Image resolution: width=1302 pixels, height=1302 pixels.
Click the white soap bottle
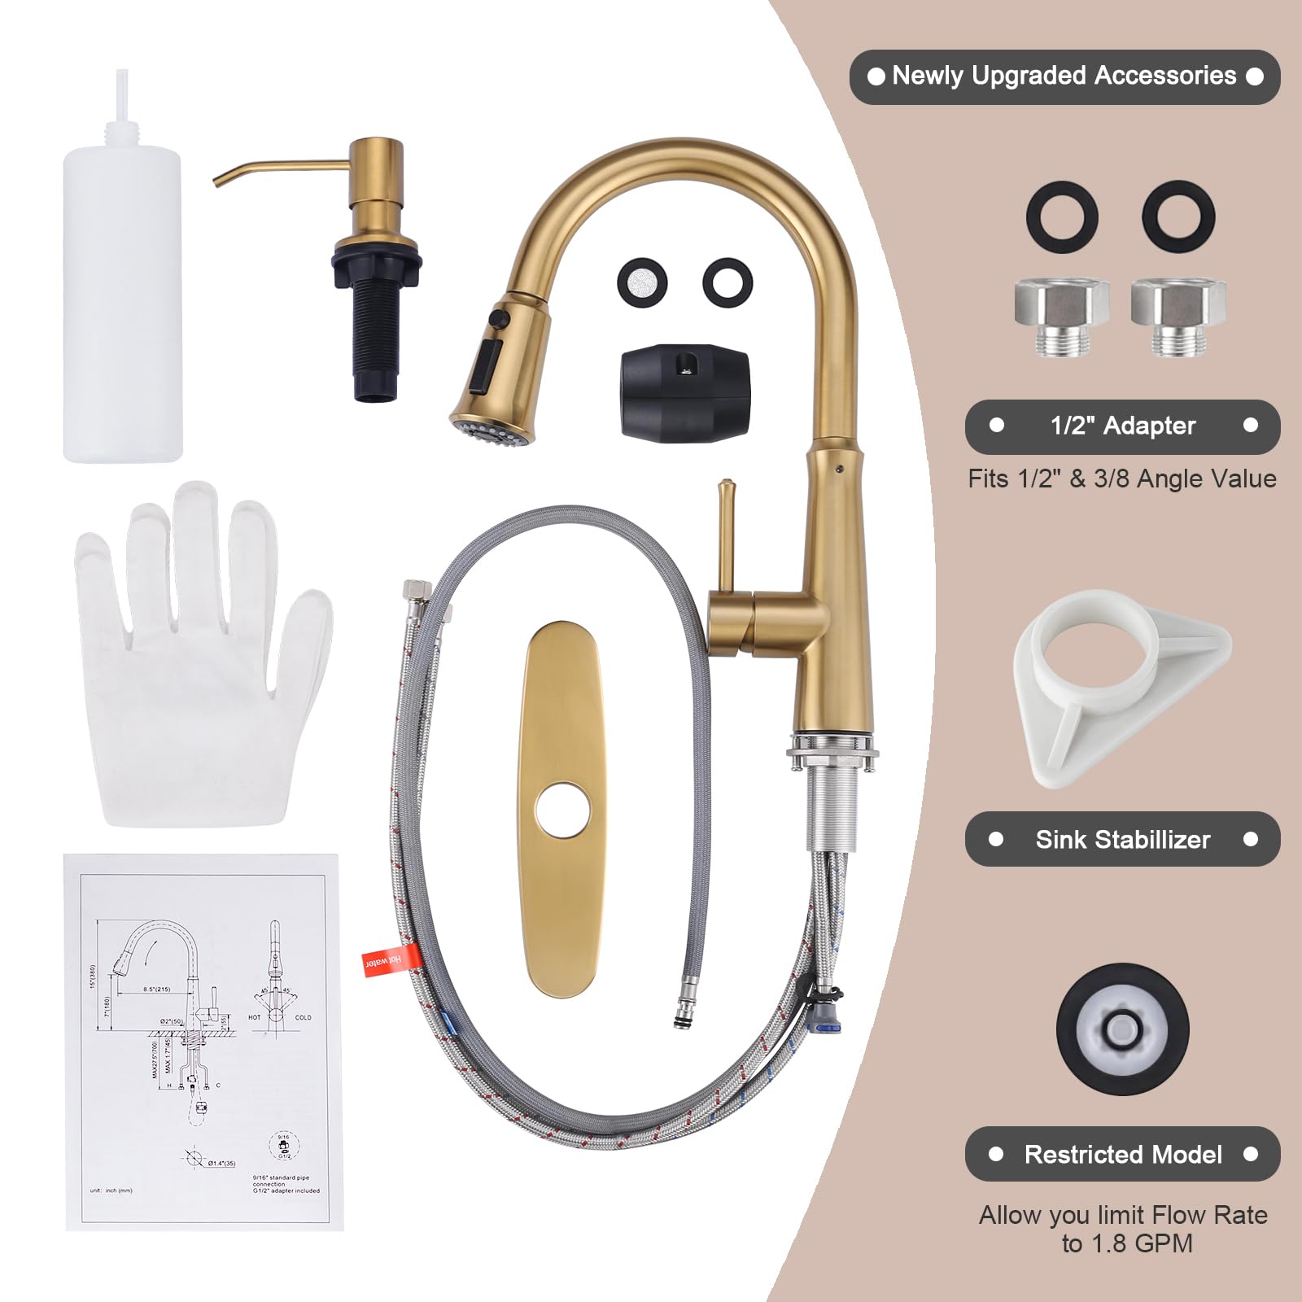(x=122, y=293)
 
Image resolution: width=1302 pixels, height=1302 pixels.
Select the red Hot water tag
(x=382, y=961)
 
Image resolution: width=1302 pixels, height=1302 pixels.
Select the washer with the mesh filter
(x=642, y=282)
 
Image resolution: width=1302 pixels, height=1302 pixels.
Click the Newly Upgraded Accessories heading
(x=1064, y=76)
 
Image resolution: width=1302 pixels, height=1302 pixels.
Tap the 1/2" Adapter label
(x=1123, y=426)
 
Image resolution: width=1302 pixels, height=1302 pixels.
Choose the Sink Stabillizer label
(x=1123, y=839)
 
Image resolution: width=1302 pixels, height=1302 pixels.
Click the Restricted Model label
(x=1123, y=1154)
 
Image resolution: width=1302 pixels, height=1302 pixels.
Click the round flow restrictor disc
(x=1123, y=1028)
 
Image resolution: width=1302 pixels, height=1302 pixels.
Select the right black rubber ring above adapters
(x=1178, y=216)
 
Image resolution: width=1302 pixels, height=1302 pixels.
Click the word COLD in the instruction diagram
(x=303, y=1017)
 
